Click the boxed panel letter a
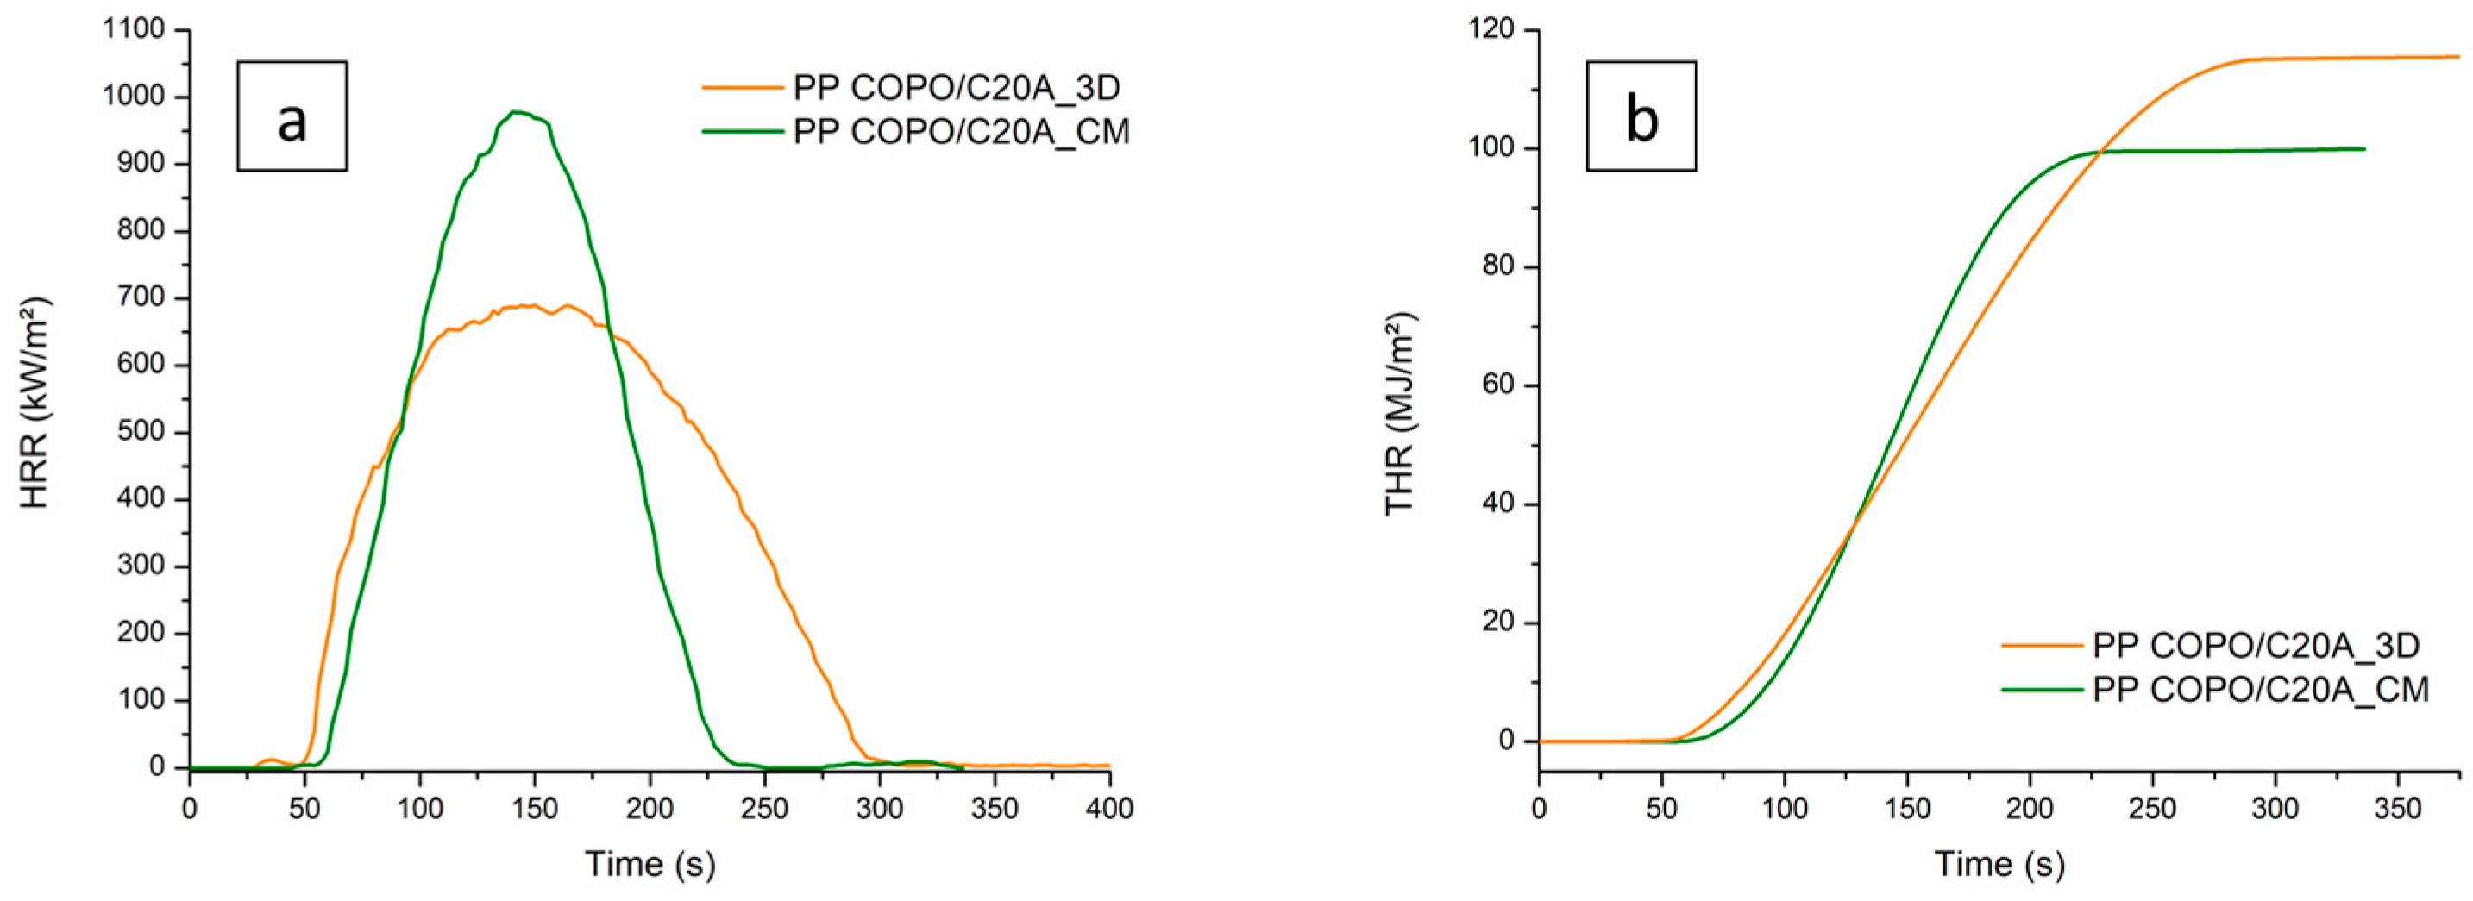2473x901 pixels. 292,117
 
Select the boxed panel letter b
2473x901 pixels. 1641,117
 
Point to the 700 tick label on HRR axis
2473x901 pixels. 141,298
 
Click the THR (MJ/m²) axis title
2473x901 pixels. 1401,414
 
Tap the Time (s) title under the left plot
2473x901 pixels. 650,865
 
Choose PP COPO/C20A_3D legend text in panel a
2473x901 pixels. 957,88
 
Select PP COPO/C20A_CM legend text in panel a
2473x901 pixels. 961,131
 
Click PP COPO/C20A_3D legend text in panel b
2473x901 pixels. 2256,647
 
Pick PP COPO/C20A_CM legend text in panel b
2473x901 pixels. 2261,690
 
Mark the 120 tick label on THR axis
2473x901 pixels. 1491,31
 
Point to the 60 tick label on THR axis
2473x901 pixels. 1498,385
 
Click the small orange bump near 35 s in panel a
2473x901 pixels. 272,760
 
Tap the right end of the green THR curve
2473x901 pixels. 2363,148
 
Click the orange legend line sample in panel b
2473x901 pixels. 2041,647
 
